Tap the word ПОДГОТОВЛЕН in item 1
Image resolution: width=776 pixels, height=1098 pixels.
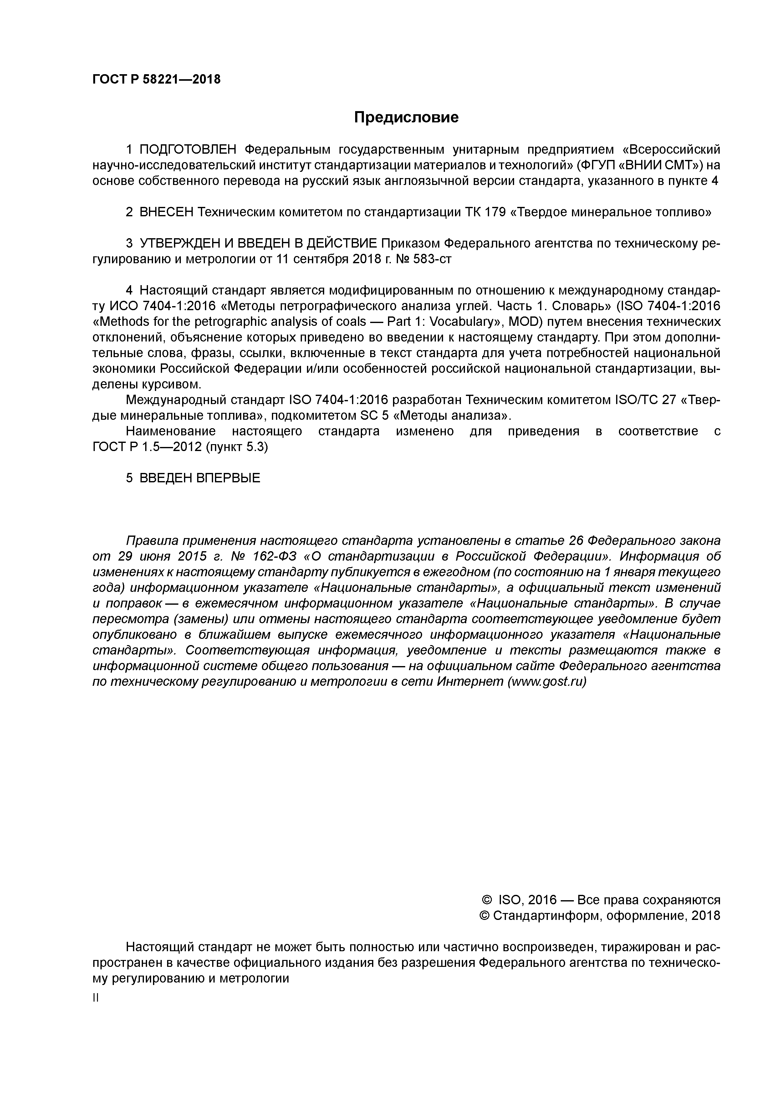point(188,150)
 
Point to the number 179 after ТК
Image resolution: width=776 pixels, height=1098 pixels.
point(495,212)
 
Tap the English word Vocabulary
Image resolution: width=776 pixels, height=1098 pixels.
point(457,321)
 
